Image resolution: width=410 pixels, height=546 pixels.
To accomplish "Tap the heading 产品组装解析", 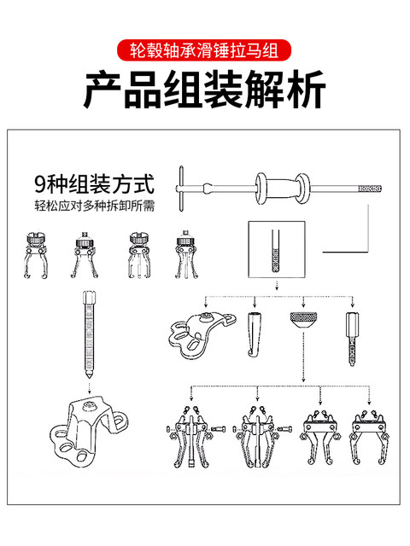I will tap(205, 91).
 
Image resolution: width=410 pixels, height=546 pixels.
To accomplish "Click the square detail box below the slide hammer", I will tap(276, 251).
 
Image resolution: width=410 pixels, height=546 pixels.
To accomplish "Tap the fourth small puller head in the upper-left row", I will tap(183, 256).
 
